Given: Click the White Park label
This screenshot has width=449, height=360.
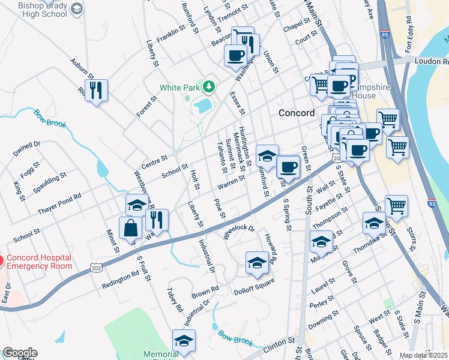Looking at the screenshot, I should [178, 88].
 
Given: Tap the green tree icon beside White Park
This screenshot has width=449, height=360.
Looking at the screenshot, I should [209, 87].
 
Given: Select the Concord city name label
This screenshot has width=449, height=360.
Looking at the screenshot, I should [297, 113].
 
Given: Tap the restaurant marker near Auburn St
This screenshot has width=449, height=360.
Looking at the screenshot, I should [96, 91].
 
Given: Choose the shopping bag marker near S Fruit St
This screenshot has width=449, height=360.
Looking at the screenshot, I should [130, 229].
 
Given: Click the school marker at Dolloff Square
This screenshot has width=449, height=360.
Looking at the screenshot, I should [257, 263].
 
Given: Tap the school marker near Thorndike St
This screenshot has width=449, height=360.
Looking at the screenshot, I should [374, 223].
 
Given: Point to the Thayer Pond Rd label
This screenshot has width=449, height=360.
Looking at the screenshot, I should [59, 205].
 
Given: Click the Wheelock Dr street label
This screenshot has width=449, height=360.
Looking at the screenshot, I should [240, 232].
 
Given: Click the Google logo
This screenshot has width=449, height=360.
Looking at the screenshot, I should [20, 353].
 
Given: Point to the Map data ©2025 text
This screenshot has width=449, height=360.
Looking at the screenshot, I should [423, 355].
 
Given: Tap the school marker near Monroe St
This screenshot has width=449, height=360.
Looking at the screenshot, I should [321, 242].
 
